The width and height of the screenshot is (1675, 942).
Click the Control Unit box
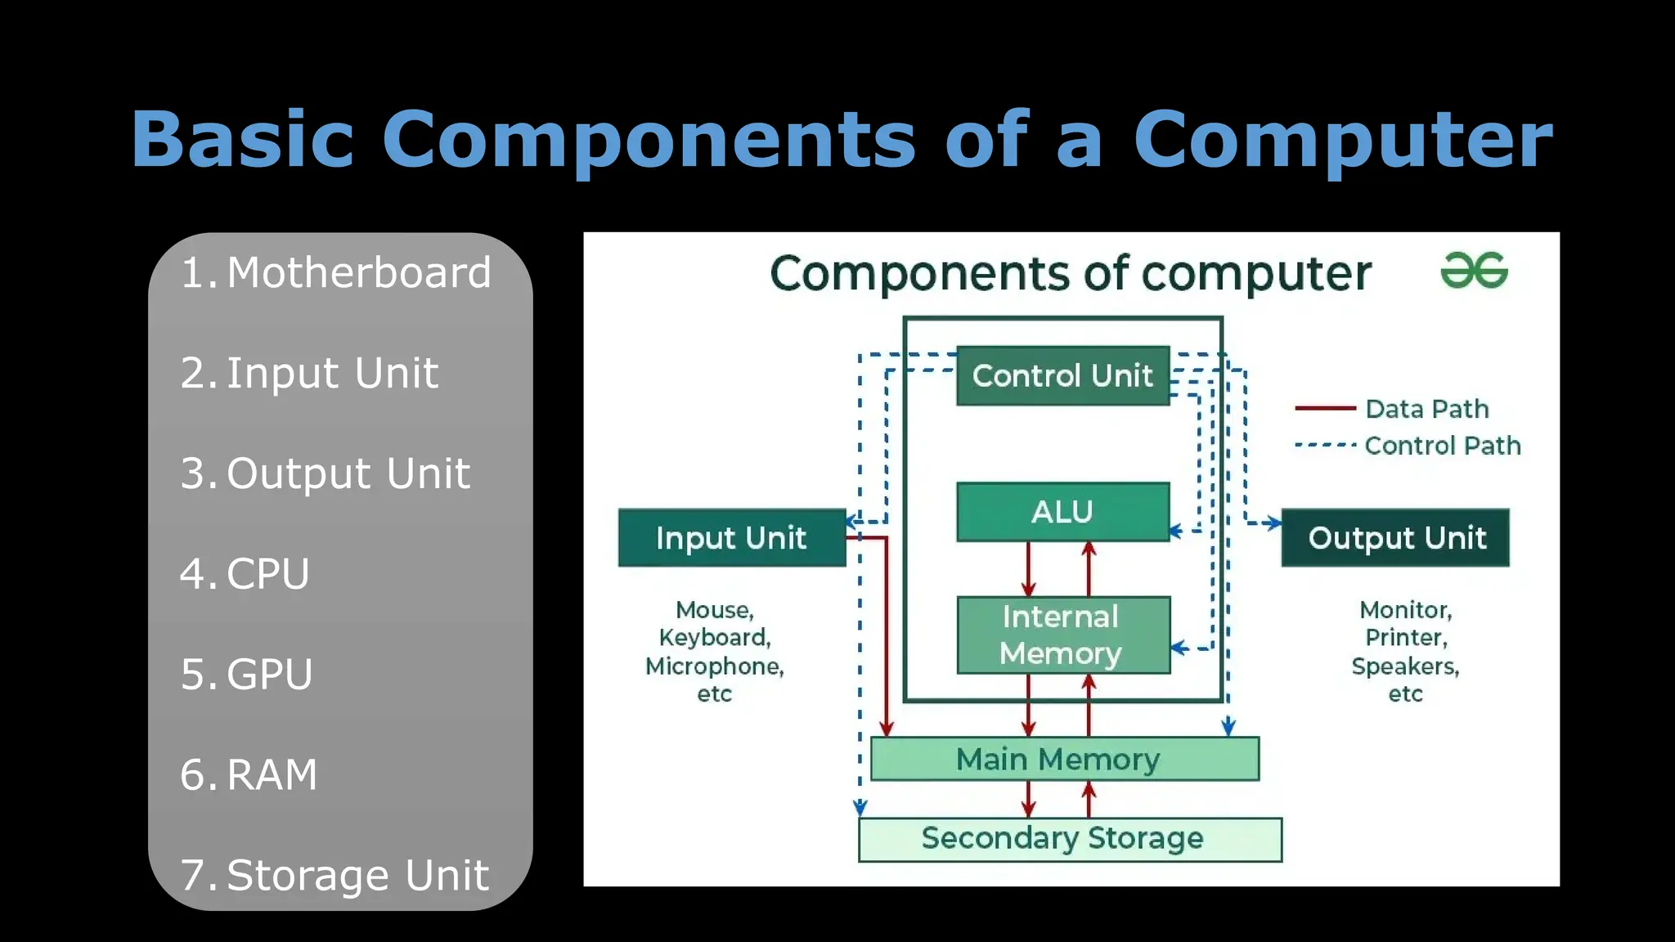[1062, 376]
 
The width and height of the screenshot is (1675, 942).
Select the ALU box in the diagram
[1062, 512]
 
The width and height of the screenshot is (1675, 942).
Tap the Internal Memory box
[1062, 635]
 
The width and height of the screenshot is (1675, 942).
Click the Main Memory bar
[1063, 760]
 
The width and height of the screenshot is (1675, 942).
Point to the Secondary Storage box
[1069, 839]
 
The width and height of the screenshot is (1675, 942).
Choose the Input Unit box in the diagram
[731, 538]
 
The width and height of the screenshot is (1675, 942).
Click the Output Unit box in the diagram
[1395, 538]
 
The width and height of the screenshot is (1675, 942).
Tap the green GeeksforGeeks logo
[1474, 271]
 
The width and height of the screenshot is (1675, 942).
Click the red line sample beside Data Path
[1325, 408]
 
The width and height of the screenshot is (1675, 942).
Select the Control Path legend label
[1442, 446]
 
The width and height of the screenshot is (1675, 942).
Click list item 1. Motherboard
[335, 273]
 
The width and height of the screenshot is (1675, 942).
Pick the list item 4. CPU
[245, 574]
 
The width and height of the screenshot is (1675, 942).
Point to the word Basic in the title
[243, 140]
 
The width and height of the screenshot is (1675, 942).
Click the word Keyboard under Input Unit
[714, 638]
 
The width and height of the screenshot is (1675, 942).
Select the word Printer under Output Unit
[1405, 638]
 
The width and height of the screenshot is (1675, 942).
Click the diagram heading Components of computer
[1070, 274]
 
